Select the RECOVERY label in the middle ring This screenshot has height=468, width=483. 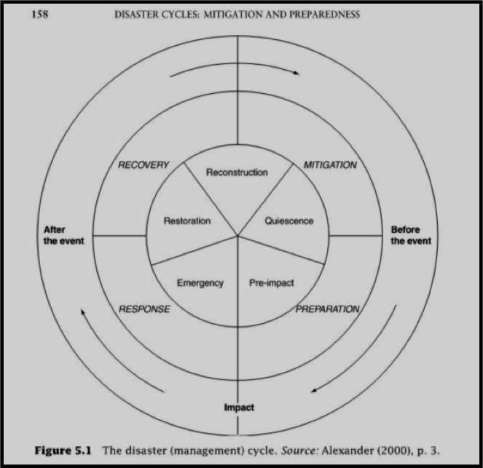(144, 165)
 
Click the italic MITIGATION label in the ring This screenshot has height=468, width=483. (330, 165)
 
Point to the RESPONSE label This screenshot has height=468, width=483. (144, 309)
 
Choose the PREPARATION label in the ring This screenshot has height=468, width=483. (328, 309)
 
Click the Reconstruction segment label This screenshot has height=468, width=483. (237, 172)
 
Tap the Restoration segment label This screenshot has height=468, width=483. (187, 221)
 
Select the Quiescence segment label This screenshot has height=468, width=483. (289, 221)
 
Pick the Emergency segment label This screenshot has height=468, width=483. (200, 283)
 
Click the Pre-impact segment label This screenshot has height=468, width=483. (272, 283)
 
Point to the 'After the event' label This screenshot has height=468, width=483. (64, 235)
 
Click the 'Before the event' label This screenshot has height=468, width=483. (411, 235)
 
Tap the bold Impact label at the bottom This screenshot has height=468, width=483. (239, 408)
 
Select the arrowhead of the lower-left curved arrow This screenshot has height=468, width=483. (83, 312)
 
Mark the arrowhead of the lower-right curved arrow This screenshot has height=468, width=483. (314, 391)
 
